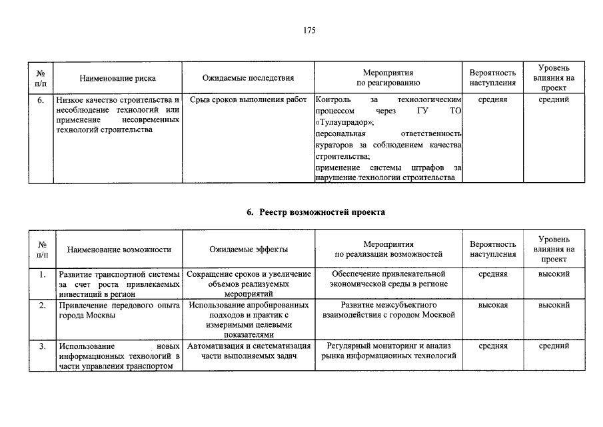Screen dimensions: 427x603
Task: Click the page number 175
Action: pyautogui.click(x=308, y=30)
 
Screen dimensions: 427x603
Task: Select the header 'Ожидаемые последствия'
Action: pyautogui.click(x=248, y=78)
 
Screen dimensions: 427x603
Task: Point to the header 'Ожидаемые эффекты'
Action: pyautogui.click(x=248, y=249)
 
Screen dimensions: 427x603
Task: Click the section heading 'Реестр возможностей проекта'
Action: pyautogui.click(x=315, y=211)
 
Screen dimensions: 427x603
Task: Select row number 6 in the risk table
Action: pyautogui.click(x=41, y=100)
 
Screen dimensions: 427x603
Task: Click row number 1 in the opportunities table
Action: pyautogui.click(x=42, y=274)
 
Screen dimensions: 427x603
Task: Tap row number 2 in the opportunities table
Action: pyautogui.click(x=42, y=305)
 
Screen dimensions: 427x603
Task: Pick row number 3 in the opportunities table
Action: pyautogui.click(x=42, y=346)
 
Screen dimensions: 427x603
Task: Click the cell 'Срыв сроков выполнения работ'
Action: pyautogui.click(x=248, y=100)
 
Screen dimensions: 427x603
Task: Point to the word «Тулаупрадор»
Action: pyautogui.click(x=343, y=122)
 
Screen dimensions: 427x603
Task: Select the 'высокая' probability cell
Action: pyautogui.click(x=492, y=305)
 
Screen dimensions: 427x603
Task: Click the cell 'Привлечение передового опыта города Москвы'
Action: pyautogui.click(x=119, y=310)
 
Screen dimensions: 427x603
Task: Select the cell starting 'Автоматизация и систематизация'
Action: pyautogui.click(x=248, y=351)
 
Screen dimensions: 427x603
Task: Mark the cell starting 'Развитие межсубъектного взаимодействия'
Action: pyautogui.click(x=388, y=310)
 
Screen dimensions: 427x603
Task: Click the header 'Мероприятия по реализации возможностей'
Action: pyautogui.click(x=388, y=249)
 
